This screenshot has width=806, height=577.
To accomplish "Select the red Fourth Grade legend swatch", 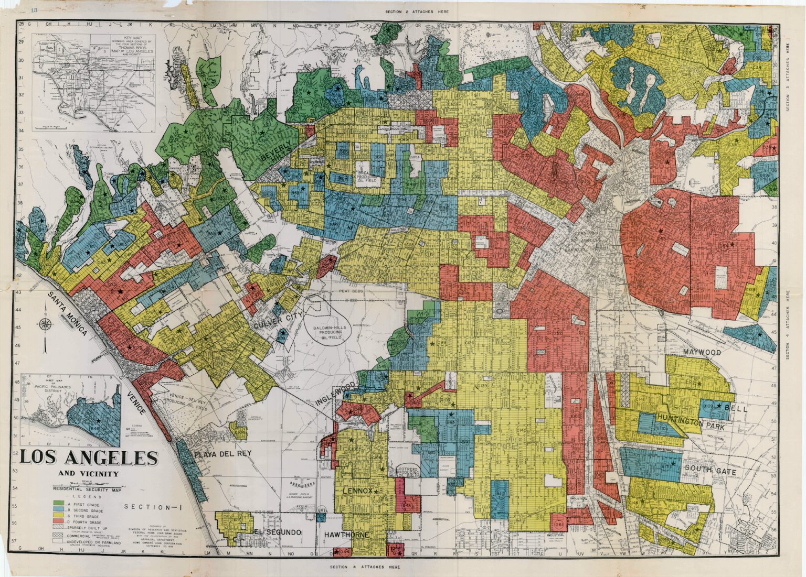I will coord(58,522).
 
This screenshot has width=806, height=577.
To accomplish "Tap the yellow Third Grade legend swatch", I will coord(58,517).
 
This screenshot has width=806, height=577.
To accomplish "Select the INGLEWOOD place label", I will coord(336,394).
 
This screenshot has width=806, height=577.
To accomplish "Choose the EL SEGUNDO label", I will coord(277,532).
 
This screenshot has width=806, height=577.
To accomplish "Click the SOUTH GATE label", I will coord(710,471).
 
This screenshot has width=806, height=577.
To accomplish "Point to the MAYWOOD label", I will coord(702,353).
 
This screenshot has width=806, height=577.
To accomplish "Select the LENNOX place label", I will coord(358,491).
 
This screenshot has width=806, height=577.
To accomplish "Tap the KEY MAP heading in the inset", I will coord(131,39).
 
